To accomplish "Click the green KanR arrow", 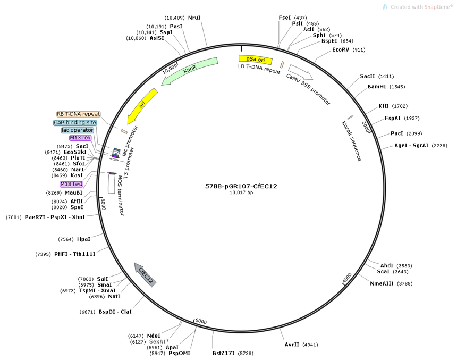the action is click(x=190, y=70).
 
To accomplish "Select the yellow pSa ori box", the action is click(x=255, y=60).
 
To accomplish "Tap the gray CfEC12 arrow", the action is click(x=145, y=274).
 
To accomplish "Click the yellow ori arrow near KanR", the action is click(x=142, y=106).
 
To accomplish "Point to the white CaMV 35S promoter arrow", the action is click(x=300, y=72).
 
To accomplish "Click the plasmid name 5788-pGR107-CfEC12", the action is click(x=241, y=186).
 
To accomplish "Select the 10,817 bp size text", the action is click(x=241, y=192).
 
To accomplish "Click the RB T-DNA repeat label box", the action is click(x=79, y=114).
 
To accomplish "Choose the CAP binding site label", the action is click(x=75, y=122).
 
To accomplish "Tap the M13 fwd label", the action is click(x=71, y=184).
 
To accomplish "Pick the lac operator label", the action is click(x=78, y=130).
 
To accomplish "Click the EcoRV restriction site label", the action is click(x=341, y=50).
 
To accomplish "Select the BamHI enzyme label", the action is click(x=377, y=87).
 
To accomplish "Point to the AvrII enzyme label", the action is click(x=292, y=345).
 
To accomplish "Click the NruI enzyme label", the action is click(x=194, y=18).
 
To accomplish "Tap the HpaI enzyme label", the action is click(x=83, y=239).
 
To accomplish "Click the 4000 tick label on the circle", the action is click(x=347, y=278).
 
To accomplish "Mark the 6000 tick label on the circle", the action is click(x=201, y=321).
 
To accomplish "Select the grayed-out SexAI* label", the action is click(x=159, y=341).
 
